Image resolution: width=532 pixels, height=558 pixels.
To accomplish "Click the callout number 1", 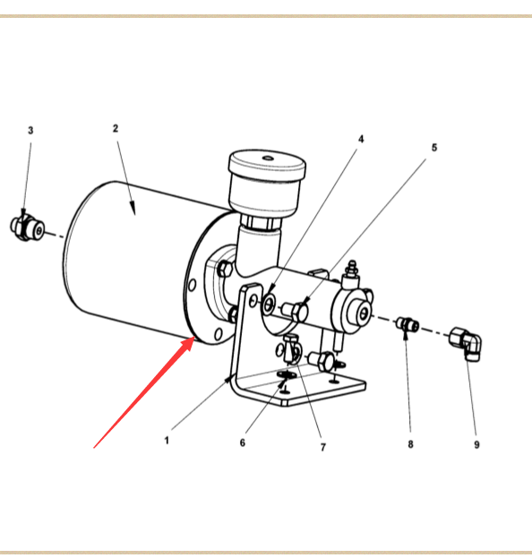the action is [x=167, y=441].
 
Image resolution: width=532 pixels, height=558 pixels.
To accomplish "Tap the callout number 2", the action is [x=116, y=128].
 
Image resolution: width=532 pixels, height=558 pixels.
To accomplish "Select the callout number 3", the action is [x=30, y=131].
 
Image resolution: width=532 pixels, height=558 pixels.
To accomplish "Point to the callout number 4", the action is [x=361, y=139].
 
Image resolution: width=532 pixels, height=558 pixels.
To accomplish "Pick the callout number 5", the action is [x=434, y=147].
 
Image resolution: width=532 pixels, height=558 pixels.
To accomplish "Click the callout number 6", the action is [x=243, y=442].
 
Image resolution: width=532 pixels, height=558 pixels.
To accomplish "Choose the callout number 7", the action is [x=323, y=447].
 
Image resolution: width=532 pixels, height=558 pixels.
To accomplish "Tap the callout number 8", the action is [x=411, y=444].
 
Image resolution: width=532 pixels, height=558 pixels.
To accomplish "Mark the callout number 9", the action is [x=476, y=444].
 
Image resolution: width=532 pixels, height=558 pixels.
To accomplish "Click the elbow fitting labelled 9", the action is [x=466, y=343].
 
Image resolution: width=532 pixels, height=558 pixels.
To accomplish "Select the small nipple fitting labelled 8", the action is [x=408, y=324].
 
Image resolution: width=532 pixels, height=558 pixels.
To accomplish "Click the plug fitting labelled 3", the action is [x=28, y=228].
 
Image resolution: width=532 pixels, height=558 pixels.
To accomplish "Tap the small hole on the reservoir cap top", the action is [x=267, y=158].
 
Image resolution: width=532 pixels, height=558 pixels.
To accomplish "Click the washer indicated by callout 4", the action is [x=269, y=305].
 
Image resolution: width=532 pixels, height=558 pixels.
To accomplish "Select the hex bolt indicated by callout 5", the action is [x=296, y=311].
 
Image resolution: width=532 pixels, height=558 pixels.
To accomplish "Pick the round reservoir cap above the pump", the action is [x=267, y=166].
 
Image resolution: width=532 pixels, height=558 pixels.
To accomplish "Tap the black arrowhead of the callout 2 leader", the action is [x=133, y=208].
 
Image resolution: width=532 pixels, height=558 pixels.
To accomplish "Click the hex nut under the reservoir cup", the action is [x=262, y=222].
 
